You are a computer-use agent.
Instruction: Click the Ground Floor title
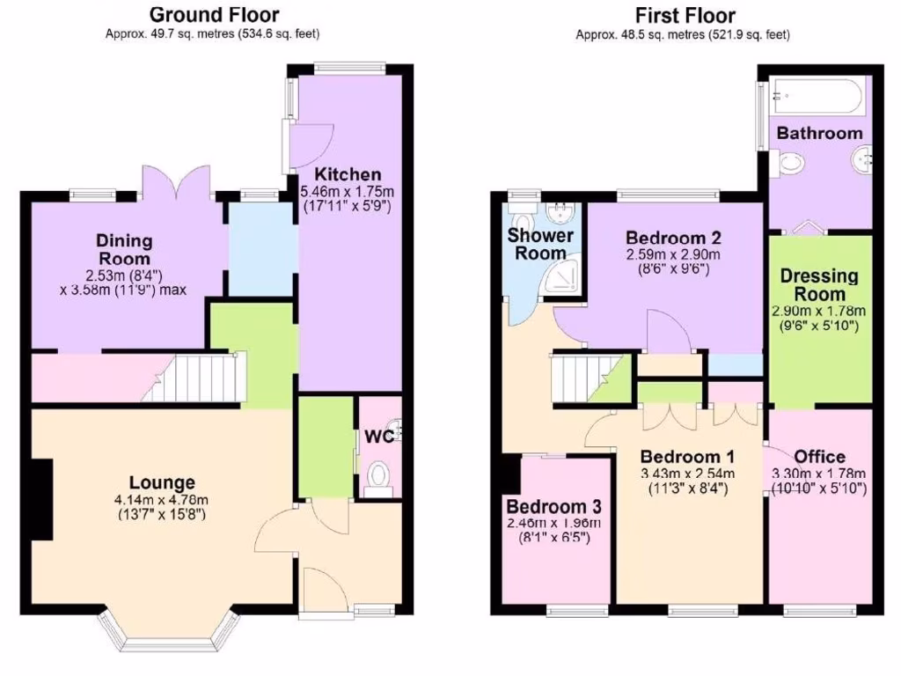coord(214,15)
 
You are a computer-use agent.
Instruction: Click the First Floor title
coord(685,15)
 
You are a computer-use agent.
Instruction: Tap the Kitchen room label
coord(348,174)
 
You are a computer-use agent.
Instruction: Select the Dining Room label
coord(124,249)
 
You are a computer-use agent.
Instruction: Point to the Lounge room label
coord(162,482)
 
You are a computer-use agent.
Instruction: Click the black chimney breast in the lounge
coord(42,500)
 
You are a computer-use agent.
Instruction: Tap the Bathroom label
coord(819,134)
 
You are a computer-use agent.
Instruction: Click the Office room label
coord(819,457)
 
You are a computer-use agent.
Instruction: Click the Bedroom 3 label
coord(553,507)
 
